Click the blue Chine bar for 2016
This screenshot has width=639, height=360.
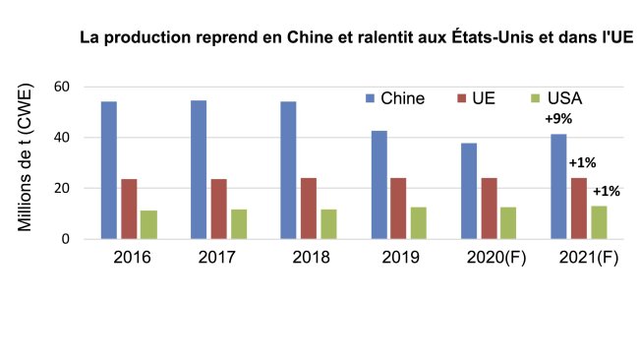pyautogui.click(x=108, y=170)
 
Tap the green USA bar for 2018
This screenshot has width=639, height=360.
pyautogui.click(x=328, y=223)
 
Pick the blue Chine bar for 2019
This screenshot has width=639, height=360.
pyautogui.click(x=378, y=185)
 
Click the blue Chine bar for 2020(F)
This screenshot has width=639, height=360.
pyautogui.click(x=469, y=191)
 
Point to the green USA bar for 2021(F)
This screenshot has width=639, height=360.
pyautogui.click(x=599, y=222)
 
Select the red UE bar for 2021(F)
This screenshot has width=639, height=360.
pyautogui.click(x=578, y=208)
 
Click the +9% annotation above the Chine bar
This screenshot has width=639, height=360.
pyautogui.click(x=559, y=119)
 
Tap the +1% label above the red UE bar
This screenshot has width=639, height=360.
pyautogui.click(x=582, y=163)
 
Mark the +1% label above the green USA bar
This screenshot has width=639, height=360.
pyautogui.click(x=606, y=191)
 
